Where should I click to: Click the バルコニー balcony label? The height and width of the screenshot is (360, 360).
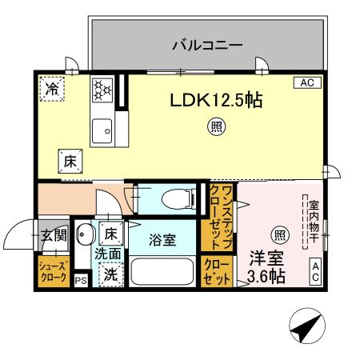207,46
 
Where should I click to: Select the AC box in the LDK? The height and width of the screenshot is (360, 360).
307,82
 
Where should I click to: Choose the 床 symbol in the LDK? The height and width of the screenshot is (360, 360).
70,160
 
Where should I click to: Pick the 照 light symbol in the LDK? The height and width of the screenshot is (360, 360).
216,126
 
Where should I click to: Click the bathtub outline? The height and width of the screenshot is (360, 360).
162,270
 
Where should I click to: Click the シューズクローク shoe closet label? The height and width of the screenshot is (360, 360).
54,271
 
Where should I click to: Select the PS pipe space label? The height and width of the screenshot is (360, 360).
80,281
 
